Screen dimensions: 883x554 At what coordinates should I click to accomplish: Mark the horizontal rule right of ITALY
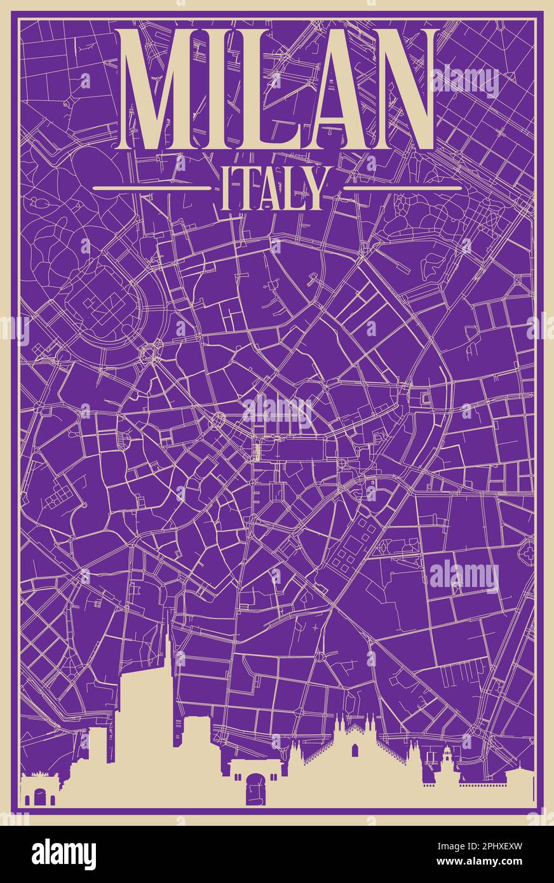coord(402,188)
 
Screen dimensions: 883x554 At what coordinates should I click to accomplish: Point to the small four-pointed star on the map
coord(316,626)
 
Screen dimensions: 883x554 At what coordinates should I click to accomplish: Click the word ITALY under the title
coord(274,189)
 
